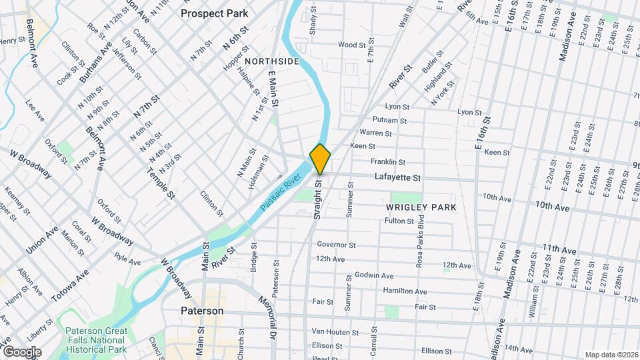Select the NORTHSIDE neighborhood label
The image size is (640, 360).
click(x=271, y=61)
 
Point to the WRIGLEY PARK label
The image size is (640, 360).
click(x=421, y=207)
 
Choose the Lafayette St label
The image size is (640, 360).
click(x=397, y=178)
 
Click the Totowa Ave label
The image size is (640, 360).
click(x=70, y=284)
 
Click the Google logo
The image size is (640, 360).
click(x=21, y=351)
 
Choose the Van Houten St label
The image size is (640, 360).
click(x=335, y=331)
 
